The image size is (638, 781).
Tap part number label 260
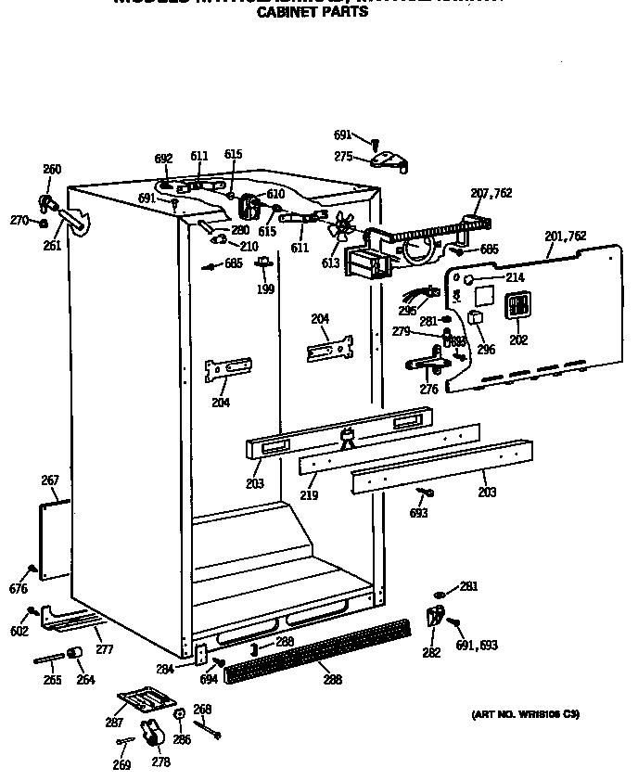(52, 170)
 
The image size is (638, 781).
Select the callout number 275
(343, 157)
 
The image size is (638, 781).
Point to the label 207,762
(491, 194)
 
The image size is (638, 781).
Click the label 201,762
(565, 237)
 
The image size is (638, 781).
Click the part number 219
(309, 495)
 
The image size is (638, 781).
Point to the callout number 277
(104, 649)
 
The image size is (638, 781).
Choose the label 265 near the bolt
(51, 680)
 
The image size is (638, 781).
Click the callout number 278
(161, 762)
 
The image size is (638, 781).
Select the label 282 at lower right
(431, 653)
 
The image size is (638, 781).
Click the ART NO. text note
(525, 713)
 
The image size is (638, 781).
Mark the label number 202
(517, 340)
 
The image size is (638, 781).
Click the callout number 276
(428, 390)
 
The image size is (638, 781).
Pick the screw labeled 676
(33, 569)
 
